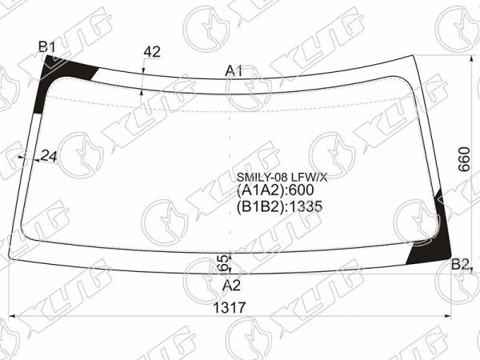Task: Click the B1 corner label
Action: [47, 47]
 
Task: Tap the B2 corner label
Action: [460, 264]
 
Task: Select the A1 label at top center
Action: [234, 71]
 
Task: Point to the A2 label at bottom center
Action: [231, 286]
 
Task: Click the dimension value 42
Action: [152, 52]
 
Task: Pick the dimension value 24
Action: [49, 157]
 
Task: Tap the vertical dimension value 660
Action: [464, 159]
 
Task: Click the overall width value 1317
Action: [230, 308]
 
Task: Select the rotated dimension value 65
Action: [225, 263]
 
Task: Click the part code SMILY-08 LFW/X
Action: [282, 177]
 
